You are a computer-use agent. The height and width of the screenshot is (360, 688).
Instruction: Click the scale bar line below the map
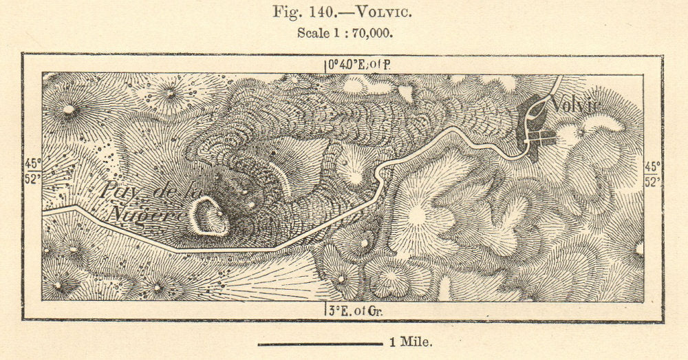[319, 343]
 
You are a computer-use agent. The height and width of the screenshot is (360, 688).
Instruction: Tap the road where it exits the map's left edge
[45, 211]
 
